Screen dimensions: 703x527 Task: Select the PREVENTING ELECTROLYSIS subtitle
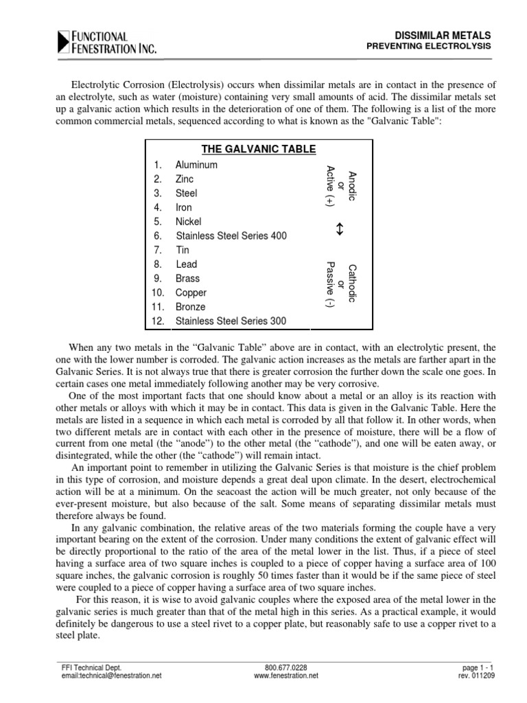click(432, 47)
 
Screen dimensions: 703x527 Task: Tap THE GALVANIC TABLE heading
click(259, 150)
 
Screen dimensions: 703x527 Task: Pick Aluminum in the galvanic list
click(196, 165)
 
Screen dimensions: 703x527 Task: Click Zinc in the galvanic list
click(185, 179)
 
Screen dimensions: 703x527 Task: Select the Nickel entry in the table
click(188, 222)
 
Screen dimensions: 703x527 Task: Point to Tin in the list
click(182, 250)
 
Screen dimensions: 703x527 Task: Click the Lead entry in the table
click(186, 264)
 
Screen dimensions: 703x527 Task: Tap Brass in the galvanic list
click(187, 279)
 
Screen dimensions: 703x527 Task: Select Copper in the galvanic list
click(191, 293)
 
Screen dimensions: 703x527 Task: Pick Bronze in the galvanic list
click(190, 307)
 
